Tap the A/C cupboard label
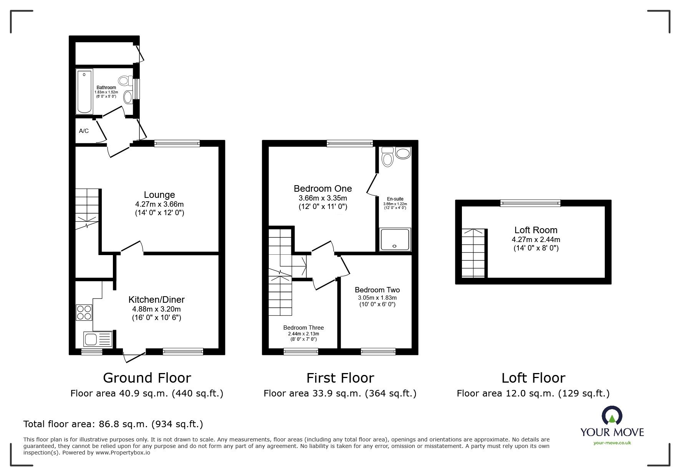coord(84,131)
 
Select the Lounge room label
coord(159,195)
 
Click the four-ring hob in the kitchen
coord(84,312)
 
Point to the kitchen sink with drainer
coord(97,339)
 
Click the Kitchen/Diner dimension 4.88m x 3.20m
coord(156,309)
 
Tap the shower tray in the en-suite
coord(395,240)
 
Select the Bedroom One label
coord(323,189)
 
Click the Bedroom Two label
coord(377,290)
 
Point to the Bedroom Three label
coord(303,327)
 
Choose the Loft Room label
coord(536,230)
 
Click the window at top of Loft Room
coord(530,203)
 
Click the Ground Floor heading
coord(147,378)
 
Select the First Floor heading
coord(340,378)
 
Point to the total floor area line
coord(113,424)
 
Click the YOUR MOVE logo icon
coord(612,416)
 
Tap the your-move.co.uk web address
coord(612,443)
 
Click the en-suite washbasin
coord(403,154)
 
